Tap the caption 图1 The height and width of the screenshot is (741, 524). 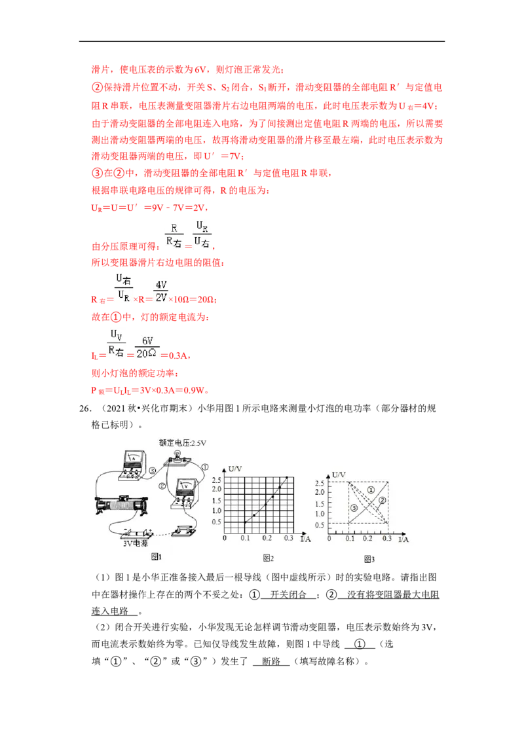click(x=156, y=556)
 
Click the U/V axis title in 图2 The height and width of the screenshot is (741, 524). click(x=236, y=469)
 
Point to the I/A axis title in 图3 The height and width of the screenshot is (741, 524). click(x=404, y=539)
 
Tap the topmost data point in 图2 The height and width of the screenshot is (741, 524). click(x=286, y=478)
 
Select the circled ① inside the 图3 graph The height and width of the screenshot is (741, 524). click(x=371, y=490)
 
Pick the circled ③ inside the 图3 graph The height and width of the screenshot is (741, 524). click(x=354, y=508)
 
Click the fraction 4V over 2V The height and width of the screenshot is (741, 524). click(x=160, y=291)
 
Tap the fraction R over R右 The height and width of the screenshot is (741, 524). click(x=174, y=235)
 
